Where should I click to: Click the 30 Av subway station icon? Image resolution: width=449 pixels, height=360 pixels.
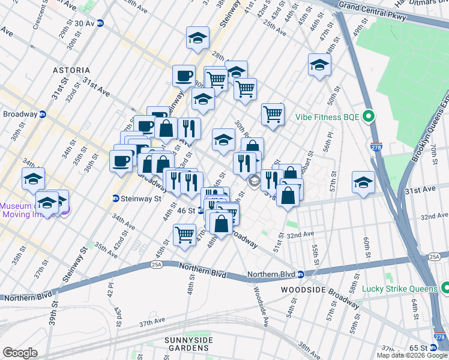point(100,23)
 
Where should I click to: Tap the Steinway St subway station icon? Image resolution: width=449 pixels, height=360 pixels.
point(115,199)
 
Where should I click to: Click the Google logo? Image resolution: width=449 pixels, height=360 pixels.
point(20,352)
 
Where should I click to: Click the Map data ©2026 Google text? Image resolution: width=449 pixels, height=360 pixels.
point(412,355)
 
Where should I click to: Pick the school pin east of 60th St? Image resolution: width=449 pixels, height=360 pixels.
point(363,182)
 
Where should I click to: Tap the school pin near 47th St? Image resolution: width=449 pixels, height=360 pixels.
point(319,65)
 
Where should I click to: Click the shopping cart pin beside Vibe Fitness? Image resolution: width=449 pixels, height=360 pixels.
point(273,114)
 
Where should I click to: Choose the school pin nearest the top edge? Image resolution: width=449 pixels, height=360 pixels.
point(197,38)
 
